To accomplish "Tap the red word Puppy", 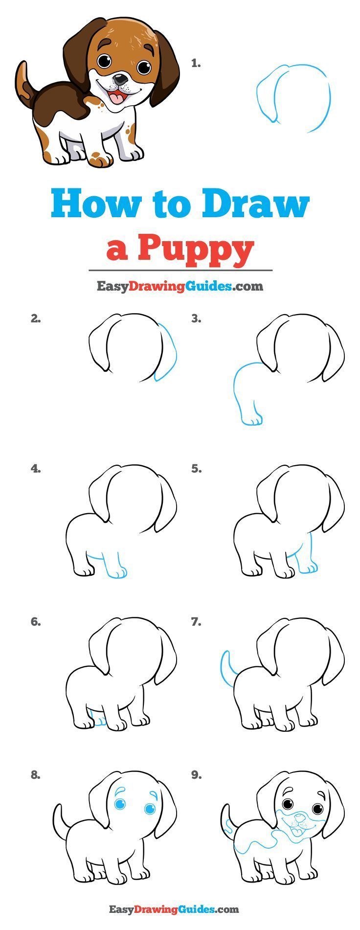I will (x=196, y=249).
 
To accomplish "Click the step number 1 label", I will (x=196, y=63).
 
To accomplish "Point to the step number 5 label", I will (x=196, y=469).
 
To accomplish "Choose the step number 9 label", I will (x=196, y=775).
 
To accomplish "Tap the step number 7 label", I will (x=196, y=622).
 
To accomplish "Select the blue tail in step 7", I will (x=227, y=667).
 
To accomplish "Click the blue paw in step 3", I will (x=252, y=420).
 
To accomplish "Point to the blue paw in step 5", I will (x=308, y=567).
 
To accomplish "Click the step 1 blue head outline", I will (x=293, y=98).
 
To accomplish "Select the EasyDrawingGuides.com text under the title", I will (x=180, y=286).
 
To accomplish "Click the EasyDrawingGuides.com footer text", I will (x=174, y=909).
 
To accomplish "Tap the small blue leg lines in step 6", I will (x=99, y=721).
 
